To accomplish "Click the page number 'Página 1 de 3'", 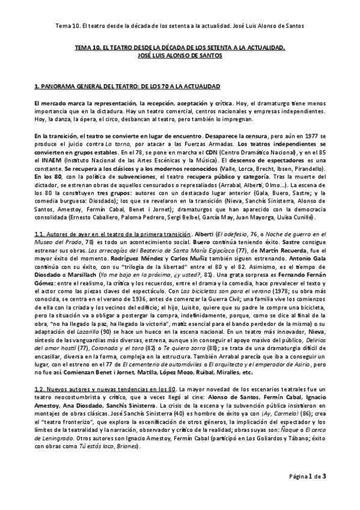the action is click(305, 477).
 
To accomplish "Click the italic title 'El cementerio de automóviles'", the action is click(161, 363).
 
